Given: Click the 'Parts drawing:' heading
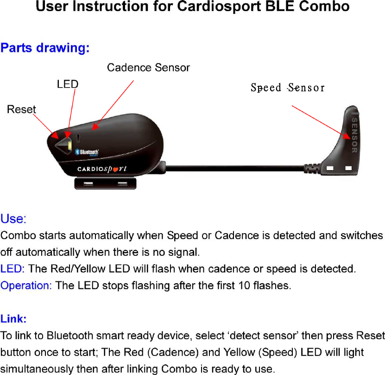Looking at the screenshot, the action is pyautogui.click(x=45, y=48).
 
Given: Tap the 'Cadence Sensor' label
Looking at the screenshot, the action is pyautogui.click(x=148, y=68).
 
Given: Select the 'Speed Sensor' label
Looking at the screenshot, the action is pyautogui.click(x=287, y=88).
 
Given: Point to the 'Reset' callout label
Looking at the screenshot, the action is pyautogui.click(x=21, y=109).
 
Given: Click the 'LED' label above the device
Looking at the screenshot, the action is pyautogui.click(x=68, y=84).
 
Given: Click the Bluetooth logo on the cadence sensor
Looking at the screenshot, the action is pyautogui.click(x=87, y=152).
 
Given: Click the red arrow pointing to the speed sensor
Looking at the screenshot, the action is pyautogui.click(x=320, y=121).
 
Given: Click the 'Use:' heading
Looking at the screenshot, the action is pyautogui.click(x=13, y=218).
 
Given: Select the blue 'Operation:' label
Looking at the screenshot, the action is pyautogui.click(x=26, y=286).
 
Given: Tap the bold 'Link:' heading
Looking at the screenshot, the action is pyautogui.click(x=13, y=319).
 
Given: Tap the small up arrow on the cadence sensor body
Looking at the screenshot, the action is pyautogui.click(x=78, y=137).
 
